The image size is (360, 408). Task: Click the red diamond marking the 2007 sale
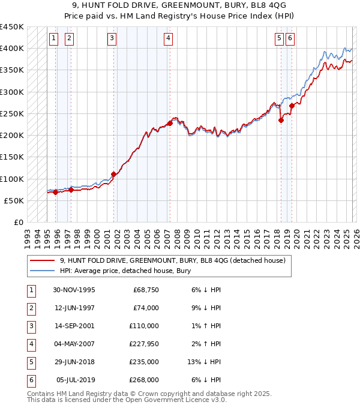coord(170,123)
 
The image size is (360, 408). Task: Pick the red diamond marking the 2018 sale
coord(281,120)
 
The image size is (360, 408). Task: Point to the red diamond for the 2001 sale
coord(113,175)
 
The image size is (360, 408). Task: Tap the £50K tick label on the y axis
coord(14,200)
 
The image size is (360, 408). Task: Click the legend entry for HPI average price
coord(125,271)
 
